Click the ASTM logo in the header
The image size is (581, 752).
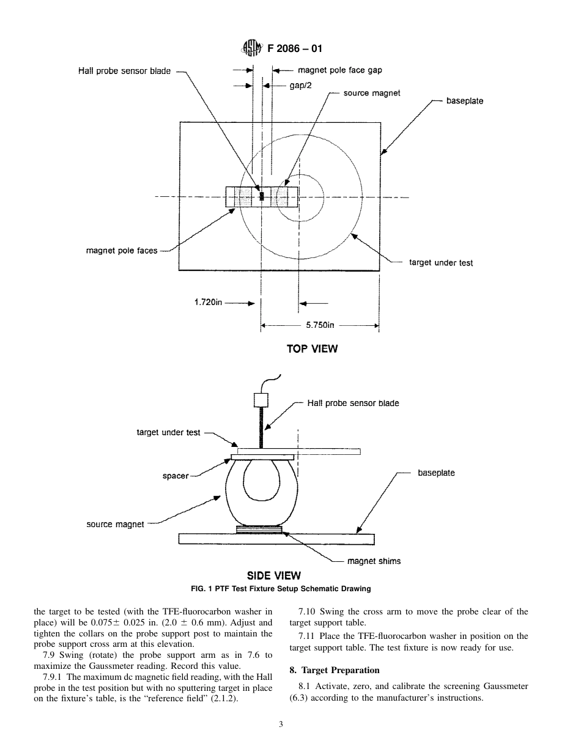(x=252, y=48)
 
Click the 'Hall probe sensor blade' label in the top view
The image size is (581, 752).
(x=124, y=71)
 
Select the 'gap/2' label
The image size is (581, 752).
(x=300, y=86)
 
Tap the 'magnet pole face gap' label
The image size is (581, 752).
(x=339, y=70)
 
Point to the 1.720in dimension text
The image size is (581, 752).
(x=207, y=303)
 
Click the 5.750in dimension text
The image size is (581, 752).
(x=320, y=325)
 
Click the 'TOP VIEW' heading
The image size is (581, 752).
(x=312, y=349)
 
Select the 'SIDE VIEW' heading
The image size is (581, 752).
(x=273, y=575)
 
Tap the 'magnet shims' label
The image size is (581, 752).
(x=374, y=561)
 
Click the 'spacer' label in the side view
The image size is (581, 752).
(x=176, y=476)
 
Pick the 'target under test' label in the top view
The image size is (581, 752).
(x=440, y=263)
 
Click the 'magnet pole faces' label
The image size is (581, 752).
(x=122, y=251)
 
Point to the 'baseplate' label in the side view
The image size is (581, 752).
(x=436, y=473)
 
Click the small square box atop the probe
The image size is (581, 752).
(x=261, y=400)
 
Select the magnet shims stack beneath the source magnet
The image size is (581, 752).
(x=259, y=529)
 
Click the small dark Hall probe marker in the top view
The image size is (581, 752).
(x=262, y=196)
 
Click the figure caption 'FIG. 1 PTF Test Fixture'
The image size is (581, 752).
(x=281, y=589)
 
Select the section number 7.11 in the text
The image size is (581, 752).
(x=307, y=636)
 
